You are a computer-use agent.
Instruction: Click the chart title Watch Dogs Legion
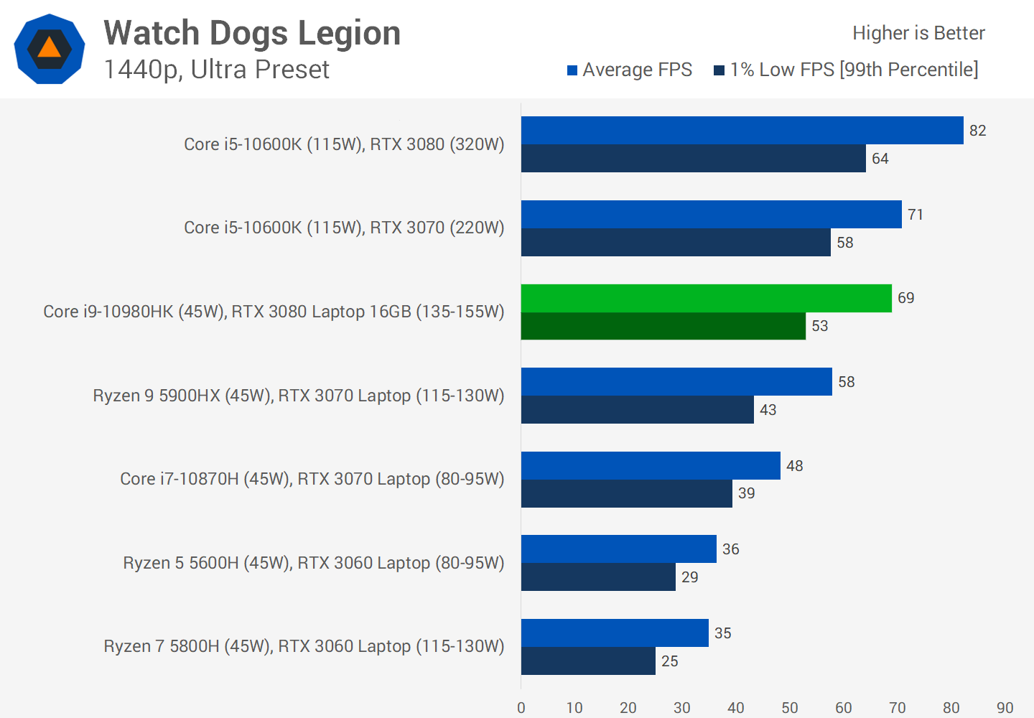coord(252,33)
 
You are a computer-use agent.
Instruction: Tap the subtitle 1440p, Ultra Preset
coord(216,70)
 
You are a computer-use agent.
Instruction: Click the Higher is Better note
coord(918,33)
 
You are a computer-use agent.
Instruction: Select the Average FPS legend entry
coord(629,70)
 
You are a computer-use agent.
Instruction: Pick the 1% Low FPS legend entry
coord(846,70)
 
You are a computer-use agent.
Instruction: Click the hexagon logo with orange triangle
coord(50,49)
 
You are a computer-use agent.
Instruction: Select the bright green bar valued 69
coord(706,298)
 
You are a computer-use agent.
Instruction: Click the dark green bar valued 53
coord(663,326)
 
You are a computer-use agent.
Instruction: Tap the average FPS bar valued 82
coord(742,130)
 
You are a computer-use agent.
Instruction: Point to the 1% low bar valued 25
coord(588,661)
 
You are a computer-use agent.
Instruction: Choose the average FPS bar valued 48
coord(651,465)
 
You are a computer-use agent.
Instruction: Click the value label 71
coord(916,215)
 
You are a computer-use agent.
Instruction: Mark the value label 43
coord(768,410)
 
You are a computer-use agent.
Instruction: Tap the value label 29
coord(690,577)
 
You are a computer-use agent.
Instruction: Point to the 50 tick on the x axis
coord(790,708)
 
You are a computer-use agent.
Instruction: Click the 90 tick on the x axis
coord(1005,708)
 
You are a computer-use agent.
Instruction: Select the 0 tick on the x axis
coord(521,708)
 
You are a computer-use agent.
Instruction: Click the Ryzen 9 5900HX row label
coord(298,396)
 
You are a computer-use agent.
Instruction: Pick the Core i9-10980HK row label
coord(274,312)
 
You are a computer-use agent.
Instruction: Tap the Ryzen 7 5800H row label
coord(304,646)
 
